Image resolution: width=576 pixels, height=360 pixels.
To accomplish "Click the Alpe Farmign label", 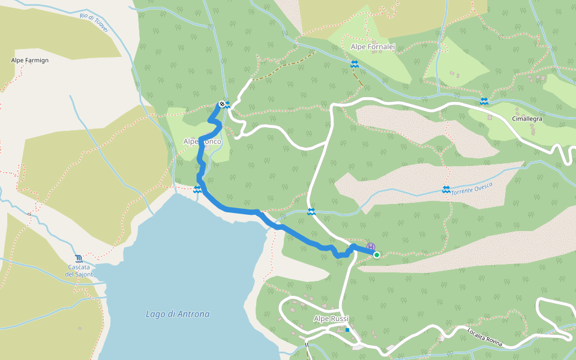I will pos(29,61).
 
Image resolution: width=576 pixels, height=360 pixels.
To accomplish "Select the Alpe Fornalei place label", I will pos(372,46).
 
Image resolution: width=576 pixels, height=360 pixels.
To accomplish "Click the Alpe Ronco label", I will pos(202,142).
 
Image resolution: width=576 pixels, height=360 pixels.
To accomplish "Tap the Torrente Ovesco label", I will pos(472,188).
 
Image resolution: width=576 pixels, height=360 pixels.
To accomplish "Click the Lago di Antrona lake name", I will pos(178,314).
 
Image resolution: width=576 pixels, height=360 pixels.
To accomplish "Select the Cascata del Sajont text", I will pos(79,271).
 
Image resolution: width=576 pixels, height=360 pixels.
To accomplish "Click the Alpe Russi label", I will pos(331,319).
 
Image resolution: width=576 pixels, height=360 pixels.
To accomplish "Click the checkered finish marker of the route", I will pos(222,104).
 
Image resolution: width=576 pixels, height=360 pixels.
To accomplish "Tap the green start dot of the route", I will pos(376,255).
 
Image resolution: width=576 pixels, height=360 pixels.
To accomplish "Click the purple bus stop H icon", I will pos(371,247).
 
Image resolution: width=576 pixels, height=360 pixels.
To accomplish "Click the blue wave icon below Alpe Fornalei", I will pos(355,64).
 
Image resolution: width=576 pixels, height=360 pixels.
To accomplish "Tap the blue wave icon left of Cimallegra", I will pos(484,101).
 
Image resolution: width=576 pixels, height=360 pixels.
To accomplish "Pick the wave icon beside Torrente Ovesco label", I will pos(446,190).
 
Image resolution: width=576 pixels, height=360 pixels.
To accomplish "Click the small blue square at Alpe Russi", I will pos(347,329).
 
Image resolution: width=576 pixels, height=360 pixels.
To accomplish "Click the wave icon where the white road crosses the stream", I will pos(311,211).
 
